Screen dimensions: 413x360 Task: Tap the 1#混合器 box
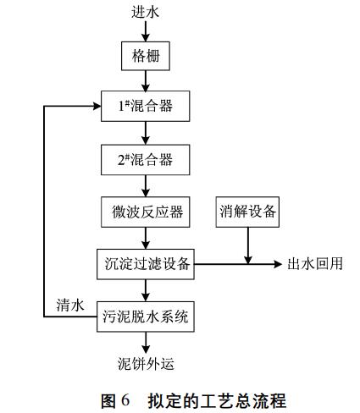pos(147,107)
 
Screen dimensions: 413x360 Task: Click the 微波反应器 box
pos(147,211)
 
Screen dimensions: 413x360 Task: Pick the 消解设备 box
pos(247,211)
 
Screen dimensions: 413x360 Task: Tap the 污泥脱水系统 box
pos(147,317)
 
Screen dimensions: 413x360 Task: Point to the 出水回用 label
pos(314,264)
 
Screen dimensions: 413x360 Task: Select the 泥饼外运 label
pos(147,365)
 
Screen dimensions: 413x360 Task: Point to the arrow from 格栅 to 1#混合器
pos(147,80)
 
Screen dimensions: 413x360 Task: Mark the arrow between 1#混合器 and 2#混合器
pos(147,132)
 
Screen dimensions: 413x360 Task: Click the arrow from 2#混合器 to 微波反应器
pos(147,184)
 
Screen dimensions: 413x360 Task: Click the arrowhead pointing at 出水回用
pos(276,264)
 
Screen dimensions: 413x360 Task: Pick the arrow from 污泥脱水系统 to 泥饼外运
pos(147,343)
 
